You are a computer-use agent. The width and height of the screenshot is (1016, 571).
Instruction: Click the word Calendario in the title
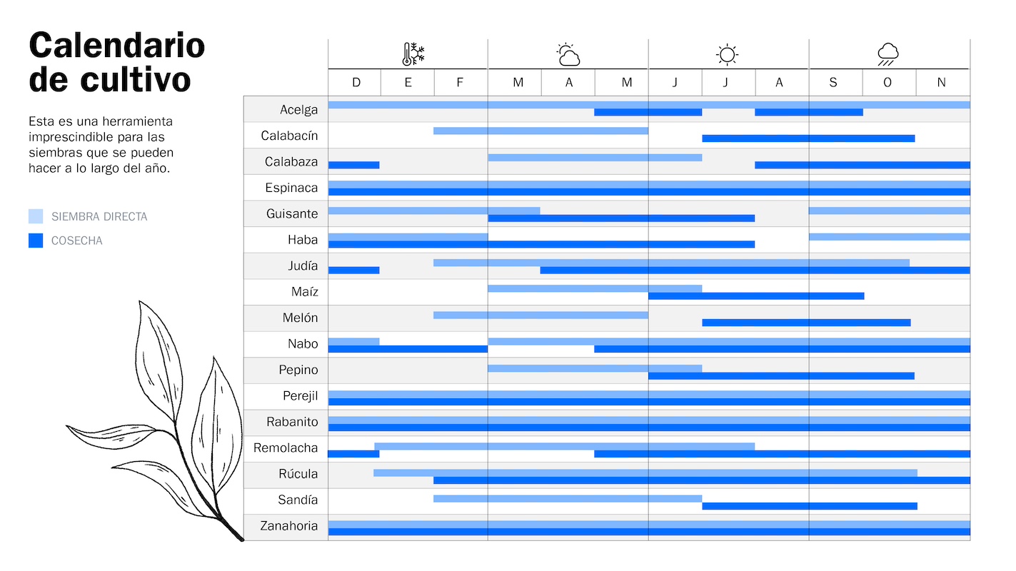point(117,46)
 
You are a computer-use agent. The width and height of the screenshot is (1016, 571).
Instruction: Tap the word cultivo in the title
point(135,80)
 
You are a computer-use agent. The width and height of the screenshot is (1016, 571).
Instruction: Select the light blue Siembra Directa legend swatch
point(36,216)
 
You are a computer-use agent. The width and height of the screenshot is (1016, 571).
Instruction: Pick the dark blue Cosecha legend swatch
point(36,241)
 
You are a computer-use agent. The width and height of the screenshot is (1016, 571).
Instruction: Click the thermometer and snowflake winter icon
point(413,54)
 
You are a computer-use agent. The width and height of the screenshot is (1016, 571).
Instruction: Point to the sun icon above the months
point(727,54)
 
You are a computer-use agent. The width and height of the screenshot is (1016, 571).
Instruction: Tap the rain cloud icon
point(887,54)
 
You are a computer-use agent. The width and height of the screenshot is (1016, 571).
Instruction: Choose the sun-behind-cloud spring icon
point(568,54)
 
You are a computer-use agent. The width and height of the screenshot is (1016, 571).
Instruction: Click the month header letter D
point(356,83)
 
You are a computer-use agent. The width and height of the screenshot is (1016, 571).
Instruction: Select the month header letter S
point(833,83)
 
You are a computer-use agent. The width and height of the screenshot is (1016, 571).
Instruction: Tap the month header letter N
point(941,83)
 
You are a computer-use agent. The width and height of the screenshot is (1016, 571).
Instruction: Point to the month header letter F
point(460,83)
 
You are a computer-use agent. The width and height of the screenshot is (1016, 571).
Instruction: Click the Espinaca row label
point(292,188)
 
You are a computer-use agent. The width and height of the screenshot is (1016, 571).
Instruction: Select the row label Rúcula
point(298,474)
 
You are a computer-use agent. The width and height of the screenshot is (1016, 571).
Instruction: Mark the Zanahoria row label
point(288,526)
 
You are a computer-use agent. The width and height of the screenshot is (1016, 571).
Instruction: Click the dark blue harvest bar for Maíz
point(755,295)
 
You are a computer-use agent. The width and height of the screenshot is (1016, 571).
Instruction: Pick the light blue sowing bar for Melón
point(540,315)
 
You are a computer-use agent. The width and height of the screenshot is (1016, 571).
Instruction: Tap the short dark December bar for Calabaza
point(353,165)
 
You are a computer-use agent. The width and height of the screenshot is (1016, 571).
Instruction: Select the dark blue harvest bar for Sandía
point(809,506)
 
